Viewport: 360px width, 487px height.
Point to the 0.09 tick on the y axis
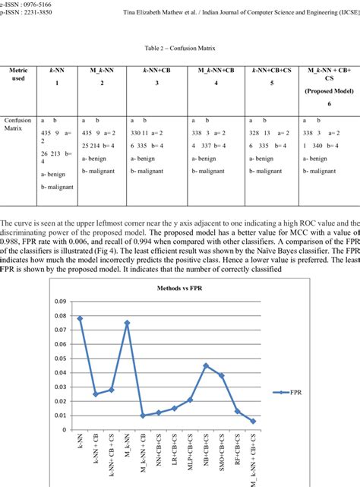click(60, 302)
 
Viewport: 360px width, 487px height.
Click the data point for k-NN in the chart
click(80, 318)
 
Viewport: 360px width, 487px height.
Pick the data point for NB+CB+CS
click(206, 365)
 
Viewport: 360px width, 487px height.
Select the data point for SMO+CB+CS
click(222, 375)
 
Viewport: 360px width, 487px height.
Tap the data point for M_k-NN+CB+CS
click(254, 421)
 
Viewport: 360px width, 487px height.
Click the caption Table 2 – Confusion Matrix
click(180, 47)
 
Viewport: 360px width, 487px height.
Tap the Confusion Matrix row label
click(18, 125)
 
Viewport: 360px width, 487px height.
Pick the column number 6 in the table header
click(327, 103)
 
